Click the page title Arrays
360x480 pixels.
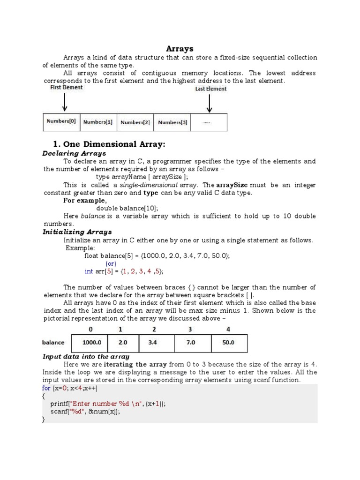coord(180,48)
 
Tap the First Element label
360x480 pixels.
coord(67,87)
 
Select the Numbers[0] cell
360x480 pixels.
coord(61,122)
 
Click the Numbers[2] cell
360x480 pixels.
coord(135,122)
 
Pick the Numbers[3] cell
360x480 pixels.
coord(172,122)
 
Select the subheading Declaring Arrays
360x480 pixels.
coord(74,153)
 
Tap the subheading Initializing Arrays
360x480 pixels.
coord(77,232)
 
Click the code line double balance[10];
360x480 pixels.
coord(127,208)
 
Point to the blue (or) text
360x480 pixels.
coord(111,263)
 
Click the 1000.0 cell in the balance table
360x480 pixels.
coord(89,343)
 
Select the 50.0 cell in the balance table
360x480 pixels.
coord(228,343)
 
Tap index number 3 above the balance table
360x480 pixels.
coord(190,330)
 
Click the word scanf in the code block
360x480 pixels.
coord(60,411)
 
